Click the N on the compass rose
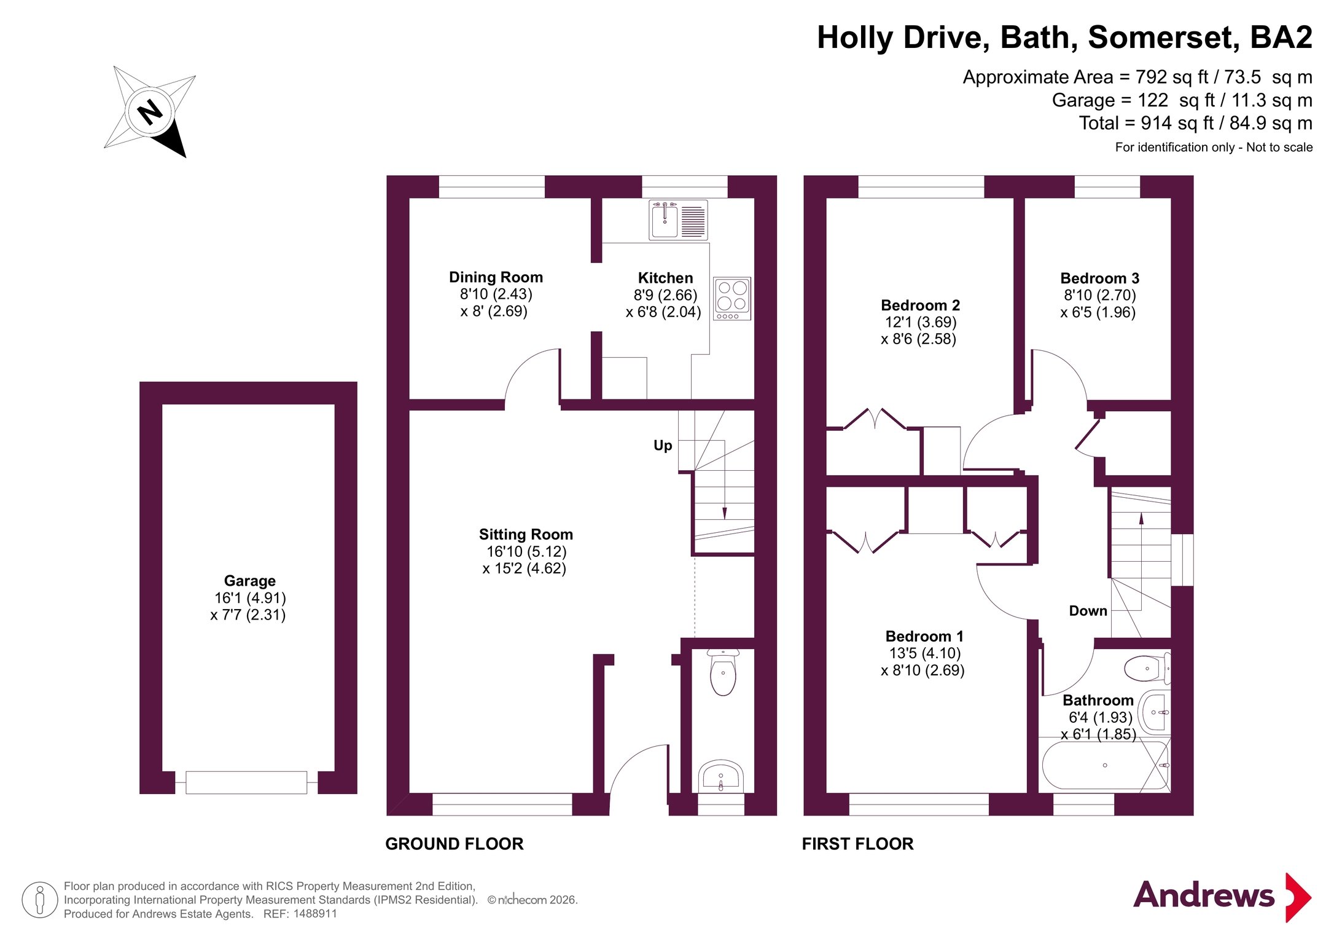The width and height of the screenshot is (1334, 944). coord(150,112)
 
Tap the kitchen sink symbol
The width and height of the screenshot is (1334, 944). coord(679,220)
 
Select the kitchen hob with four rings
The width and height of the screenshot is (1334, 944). coord(732,299)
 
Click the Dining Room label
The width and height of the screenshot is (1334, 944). coord(496,277)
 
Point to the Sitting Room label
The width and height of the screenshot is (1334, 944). coord(526,535)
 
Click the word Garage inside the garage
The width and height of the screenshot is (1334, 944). coord(249,581)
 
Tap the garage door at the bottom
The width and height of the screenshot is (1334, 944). coord(246,782)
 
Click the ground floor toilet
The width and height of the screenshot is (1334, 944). coord(723,672)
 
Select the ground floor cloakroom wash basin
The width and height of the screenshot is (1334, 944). coord(721,777)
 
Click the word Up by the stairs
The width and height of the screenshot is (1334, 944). coord(663,446)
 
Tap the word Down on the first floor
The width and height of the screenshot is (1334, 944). coord(1088,611)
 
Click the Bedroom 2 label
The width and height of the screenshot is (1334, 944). coord(920,305)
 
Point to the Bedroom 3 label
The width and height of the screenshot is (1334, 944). coord(1099,278)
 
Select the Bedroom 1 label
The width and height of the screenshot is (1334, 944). coord(924,636)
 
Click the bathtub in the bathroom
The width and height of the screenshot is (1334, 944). coord(1106,765)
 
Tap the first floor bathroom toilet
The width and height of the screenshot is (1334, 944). coord(1147,669)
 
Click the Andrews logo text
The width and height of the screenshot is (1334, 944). coord(1203,895)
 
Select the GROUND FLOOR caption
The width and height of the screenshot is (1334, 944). coord(454,844)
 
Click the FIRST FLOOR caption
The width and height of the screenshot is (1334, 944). coord(857,844)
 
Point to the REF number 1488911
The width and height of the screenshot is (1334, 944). coord(315,914)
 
